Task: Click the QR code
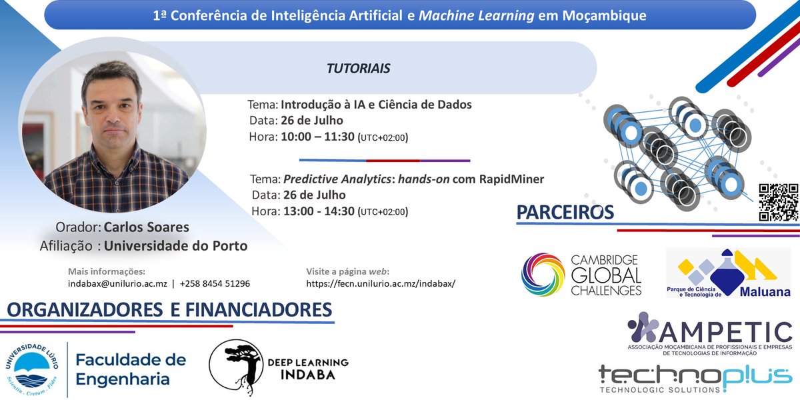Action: pyautogui.click(x=779, y=201)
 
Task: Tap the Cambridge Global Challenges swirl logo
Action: pyautogui.click(x=543, y=274)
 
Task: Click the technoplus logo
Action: pyautogui.click(x=685, y=377)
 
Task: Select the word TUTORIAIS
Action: pyautogui.click(x=359, y=69)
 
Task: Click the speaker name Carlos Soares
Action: pyautogui.click(x=147, y=227)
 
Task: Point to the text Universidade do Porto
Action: pyautogui.click(x=176, y=246)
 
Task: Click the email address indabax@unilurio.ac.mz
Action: pyautogui.click(x=117, y=283)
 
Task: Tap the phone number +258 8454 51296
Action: pyautogui.click(x=215, y=283)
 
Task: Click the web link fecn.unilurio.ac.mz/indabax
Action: pyautogui.click(x=381, y=283)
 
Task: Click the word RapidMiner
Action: pyautogui.click(x=515, y=179)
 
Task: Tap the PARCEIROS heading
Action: pyautogui.click(x=565, y=212)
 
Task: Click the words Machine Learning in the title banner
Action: pyautogui.click(x=476, y=15)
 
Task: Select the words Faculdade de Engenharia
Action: pyautogui.click(x=131, y=369)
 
